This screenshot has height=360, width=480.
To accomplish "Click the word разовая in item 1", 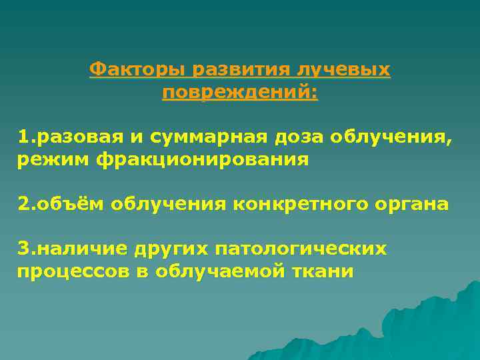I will coord(81,137).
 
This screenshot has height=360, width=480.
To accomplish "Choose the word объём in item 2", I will coord(71,204).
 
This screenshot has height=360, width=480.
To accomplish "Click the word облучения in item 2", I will coord(170,204).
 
